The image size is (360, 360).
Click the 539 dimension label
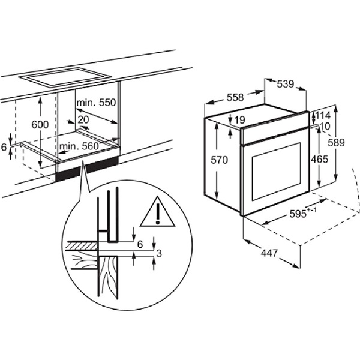tap(286, 84)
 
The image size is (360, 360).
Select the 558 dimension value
tap(235, 97)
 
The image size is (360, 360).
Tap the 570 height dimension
tap(219, 160)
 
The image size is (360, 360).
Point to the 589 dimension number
tap(336, 143)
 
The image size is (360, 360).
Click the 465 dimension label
tap(319, 159)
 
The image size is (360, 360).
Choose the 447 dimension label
tap(269, 253)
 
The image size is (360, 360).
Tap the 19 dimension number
tap(240, 119)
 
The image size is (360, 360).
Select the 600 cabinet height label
tap(40, 124)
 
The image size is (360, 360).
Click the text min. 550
tap(96, 103)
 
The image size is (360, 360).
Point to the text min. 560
tap(79, 146)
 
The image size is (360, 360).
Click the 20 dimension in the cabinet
tap(83, 119)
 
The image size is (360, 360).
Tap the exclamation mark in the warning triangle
tap(157, 214)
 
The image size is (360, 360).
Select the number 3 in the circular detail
tap(159, 253)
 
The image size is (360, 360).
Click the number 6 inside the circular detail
tap(140, 245)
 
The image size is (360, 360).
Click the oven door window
tap(276, 172)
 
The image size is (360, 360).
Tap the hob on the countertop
tap(65, 77)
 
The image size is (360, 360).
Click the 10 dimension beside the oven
tap(326, 126)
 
